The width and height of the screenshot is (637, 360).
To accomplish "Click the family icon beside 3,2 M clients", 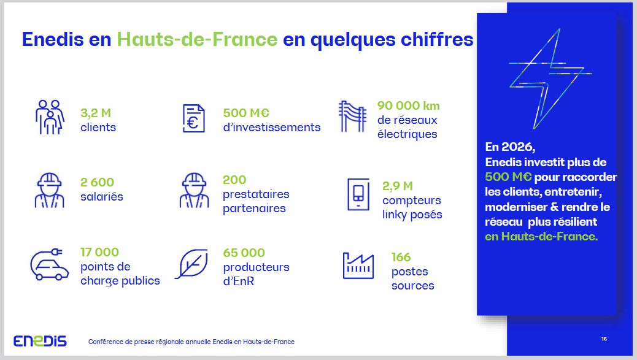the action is coord(50,117).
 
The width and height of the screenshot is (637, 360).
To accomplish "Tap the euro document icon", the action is coord(193,118).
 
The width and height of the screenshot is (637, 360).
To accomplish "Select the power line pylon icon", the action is coord(352,117).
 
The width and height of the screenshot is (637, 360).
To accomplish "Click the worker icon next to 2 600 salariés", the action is coord(49,190).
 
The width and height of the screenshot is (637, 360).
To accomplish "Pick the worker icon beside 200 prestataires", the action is coord(194,190).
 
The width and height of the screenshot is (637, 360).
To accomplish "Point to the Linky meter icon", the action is coord(358,194).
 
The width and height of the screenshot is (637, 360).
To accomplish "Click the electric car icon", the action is coord(49,264).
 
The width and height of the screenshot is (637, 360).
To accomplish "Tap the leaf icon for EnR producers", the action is coord(191,264).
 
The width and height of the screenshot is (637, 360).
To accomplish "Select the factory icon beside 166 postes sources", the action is coord(358,266).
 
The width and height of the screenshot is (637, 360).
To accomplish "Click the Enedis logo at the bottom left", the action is coord(40,341).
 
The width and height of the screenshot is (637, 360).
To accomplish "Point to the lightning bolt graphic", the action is coord(550,79).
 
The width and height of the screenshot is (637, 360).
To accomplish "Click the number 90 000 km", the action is coord(408,105).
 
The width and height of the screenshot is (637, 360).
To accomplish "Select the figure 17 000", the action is coord(99,252).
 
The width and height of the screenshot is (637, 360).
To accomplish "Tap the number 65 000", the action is coord(244,253).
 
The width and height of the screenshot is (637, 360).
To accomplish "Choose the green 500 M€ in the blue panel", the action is coord(508,177).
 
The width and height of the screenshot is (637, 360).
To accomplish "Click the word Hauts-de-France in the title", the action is coord(197,39).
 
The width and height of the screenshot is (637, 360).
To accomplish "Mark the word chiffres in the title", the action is coord(437,39).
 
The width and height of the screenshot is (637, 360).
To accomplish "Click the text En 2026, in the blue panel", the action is coord(510,147).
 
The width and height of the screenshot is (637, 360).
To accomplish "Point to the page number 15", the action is coord(604,339).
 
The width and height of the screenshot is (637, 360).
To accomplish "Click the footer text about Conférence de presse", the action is coord(191,342).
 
